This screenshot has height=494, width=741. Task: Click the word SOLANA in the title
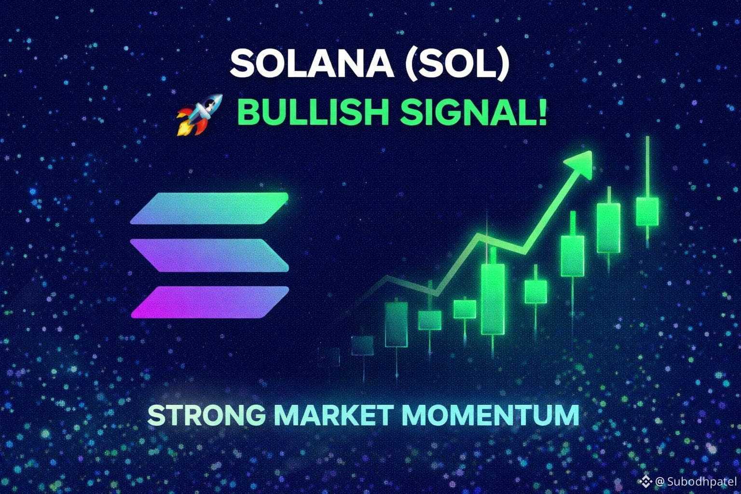312,64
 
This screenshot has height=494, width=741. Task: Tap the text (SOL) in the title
457,64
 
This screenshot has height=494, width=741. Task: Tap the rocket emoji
199,115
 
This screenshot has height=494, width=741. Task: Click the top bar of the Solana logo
209,208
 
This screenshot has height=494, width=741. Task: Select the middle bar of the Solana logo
209,255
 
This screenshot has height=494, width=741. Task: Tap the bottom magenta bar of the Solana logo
210,302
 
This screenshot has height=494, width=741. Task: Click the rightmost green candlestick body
647,211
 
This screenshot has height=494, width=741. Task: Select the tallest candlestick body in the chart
493,299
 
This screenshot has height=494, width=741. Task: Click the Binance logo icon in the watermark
645,481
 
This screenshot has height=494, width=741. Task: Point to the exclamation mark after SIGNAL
543,111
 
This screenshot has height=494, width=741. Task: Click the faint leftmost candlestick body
329,357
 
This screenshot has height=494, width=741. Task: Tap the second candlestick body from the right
609,228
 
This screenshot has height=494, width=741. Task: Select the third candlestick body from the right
573,256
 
